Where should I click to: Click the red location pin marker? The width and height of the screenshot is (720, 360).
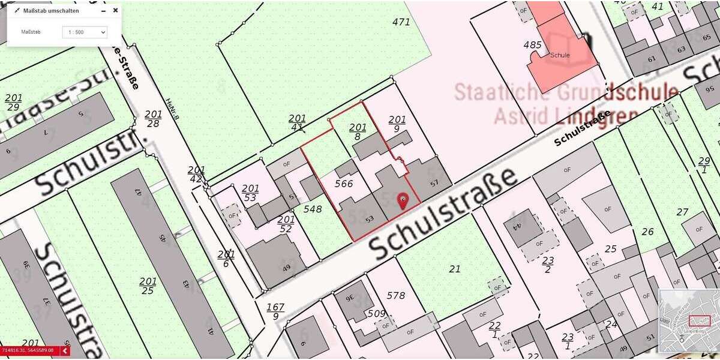click(403, 201)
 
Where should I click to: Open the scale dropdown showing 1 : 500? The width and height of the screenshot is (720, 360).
click(85, 32)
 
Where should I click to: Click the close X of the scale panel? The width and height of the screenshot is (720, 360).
click(115, 10)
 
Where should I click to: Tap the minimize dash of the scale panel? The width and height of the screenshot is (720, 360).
click(104, 10)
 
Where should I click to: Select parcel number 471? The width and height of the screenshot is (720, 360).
click(401, 22)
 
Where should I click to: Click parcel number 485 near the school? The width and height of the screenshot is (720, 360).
click(532, 45)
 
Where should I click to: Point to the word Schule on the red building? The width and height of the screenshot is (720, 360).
click(560, 55)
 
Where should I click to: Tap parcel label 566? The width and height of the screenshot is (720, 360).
click(343, 184)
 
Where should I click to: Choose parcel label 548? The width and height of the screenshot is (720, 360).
click(313, 209)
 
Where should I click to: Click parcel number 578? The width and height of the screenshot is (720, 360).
click(396, 295)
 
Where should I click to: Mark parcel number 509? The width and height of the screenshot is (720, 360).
click(376, 313)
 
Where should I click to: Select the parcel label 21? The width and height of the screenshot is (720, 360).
click(455, 269)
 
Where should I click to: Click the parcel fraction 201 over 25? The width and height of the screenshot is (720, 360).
click(148, 286)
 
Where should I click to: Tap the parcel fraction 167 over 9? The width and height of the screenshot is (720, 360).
click(275, 311)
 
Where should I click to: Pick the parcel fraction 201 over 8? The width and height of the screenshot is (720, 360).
click(358, 131)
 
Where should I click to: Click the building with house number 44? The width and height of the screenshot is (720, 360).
click(516, 227)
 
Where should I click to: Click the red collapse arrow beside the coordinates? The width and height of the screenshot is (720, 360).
click(64, 350)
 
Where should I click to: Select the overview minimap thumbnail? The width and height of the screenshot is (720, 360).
click(688, 321)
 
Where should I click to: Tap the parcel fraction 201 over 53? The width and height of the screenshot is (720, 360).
click(250, 193)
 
